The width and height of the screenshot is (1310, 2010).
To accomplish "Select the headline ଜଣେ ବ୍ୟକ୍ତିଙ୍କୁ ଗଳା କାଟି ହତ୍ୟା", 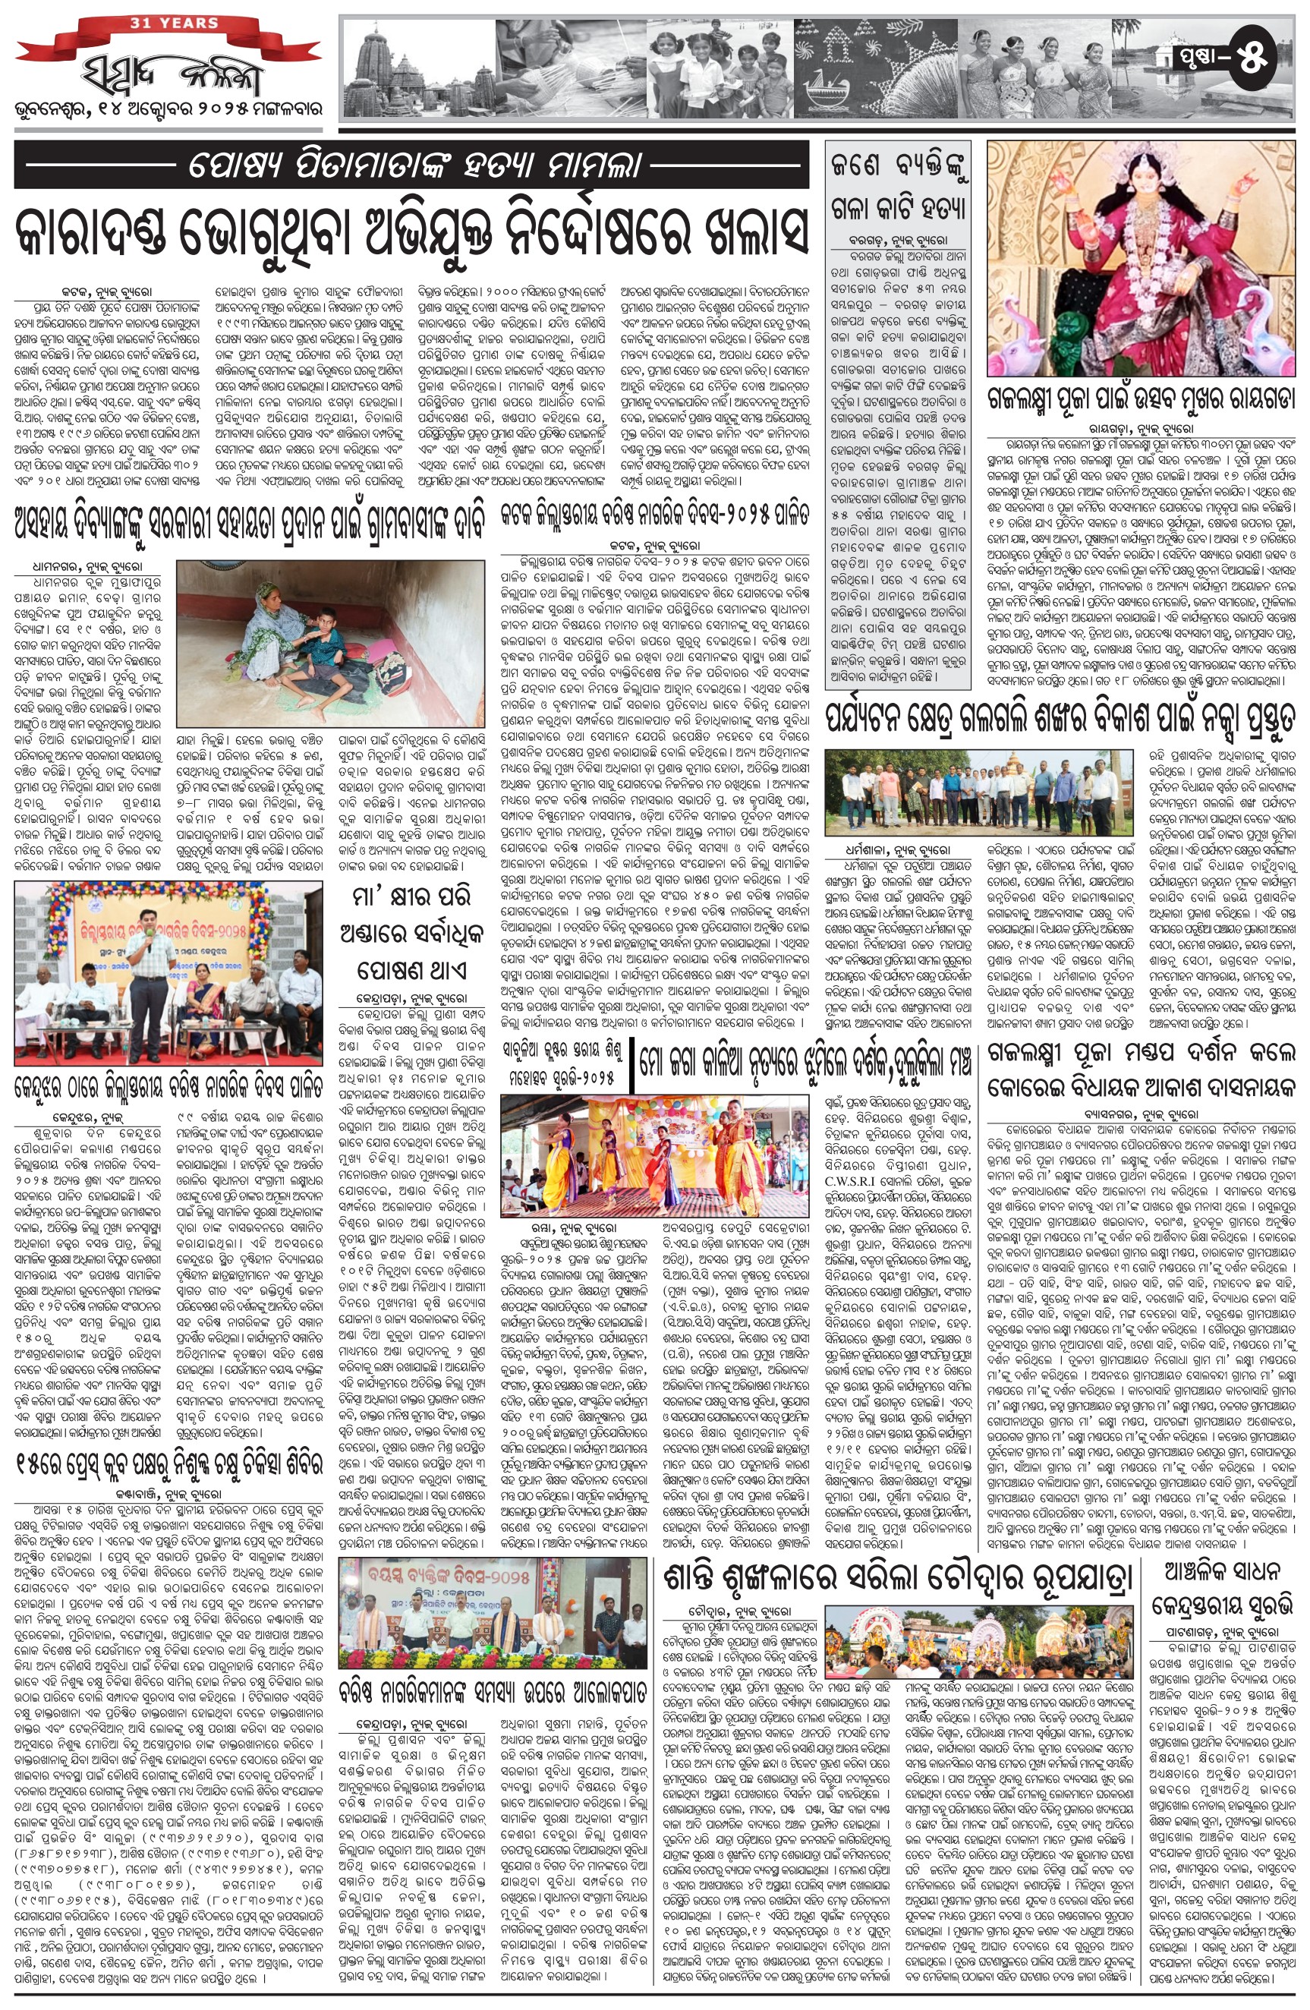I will click(897, 185).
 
